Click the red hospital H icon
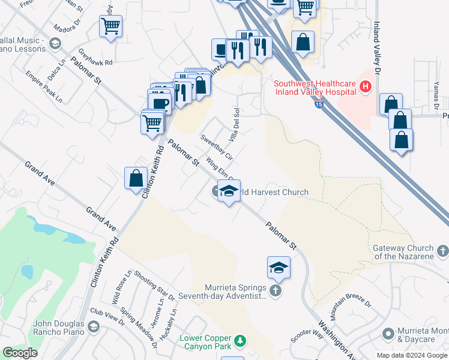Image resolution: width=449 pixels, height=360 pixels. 364,88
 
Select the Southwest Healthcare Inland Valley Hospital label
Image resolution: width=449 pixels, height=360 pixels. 315,88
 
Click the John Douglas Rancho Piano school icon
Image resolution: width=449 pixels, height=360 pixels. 94,326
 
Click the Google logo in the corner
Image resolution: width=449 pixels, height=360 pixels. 20,353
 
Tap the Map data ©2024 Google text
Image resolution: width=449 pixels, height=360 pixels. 411,355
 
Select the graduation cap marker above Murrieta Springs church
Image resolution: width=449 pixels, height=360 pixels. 279,267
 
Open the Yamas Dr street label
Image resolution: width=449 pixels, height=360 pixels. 435,95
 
